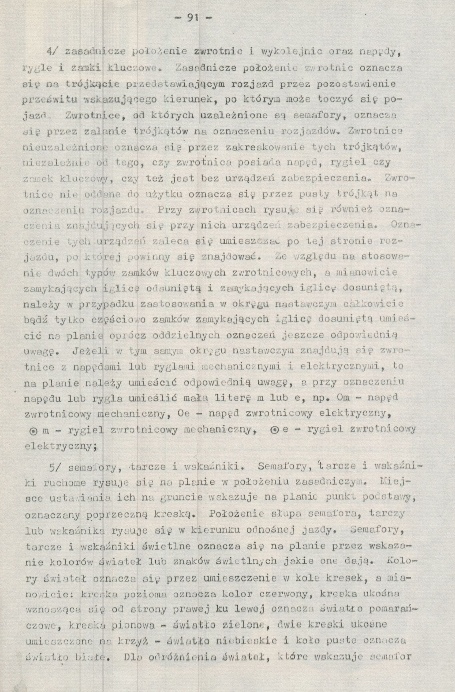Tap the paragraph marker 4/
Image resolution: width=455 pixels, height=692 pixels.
54,53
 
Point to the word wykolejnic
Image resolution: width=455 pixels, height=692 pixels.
292,53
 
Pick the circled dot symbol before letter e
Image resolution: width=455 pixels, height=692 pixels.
274,429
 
